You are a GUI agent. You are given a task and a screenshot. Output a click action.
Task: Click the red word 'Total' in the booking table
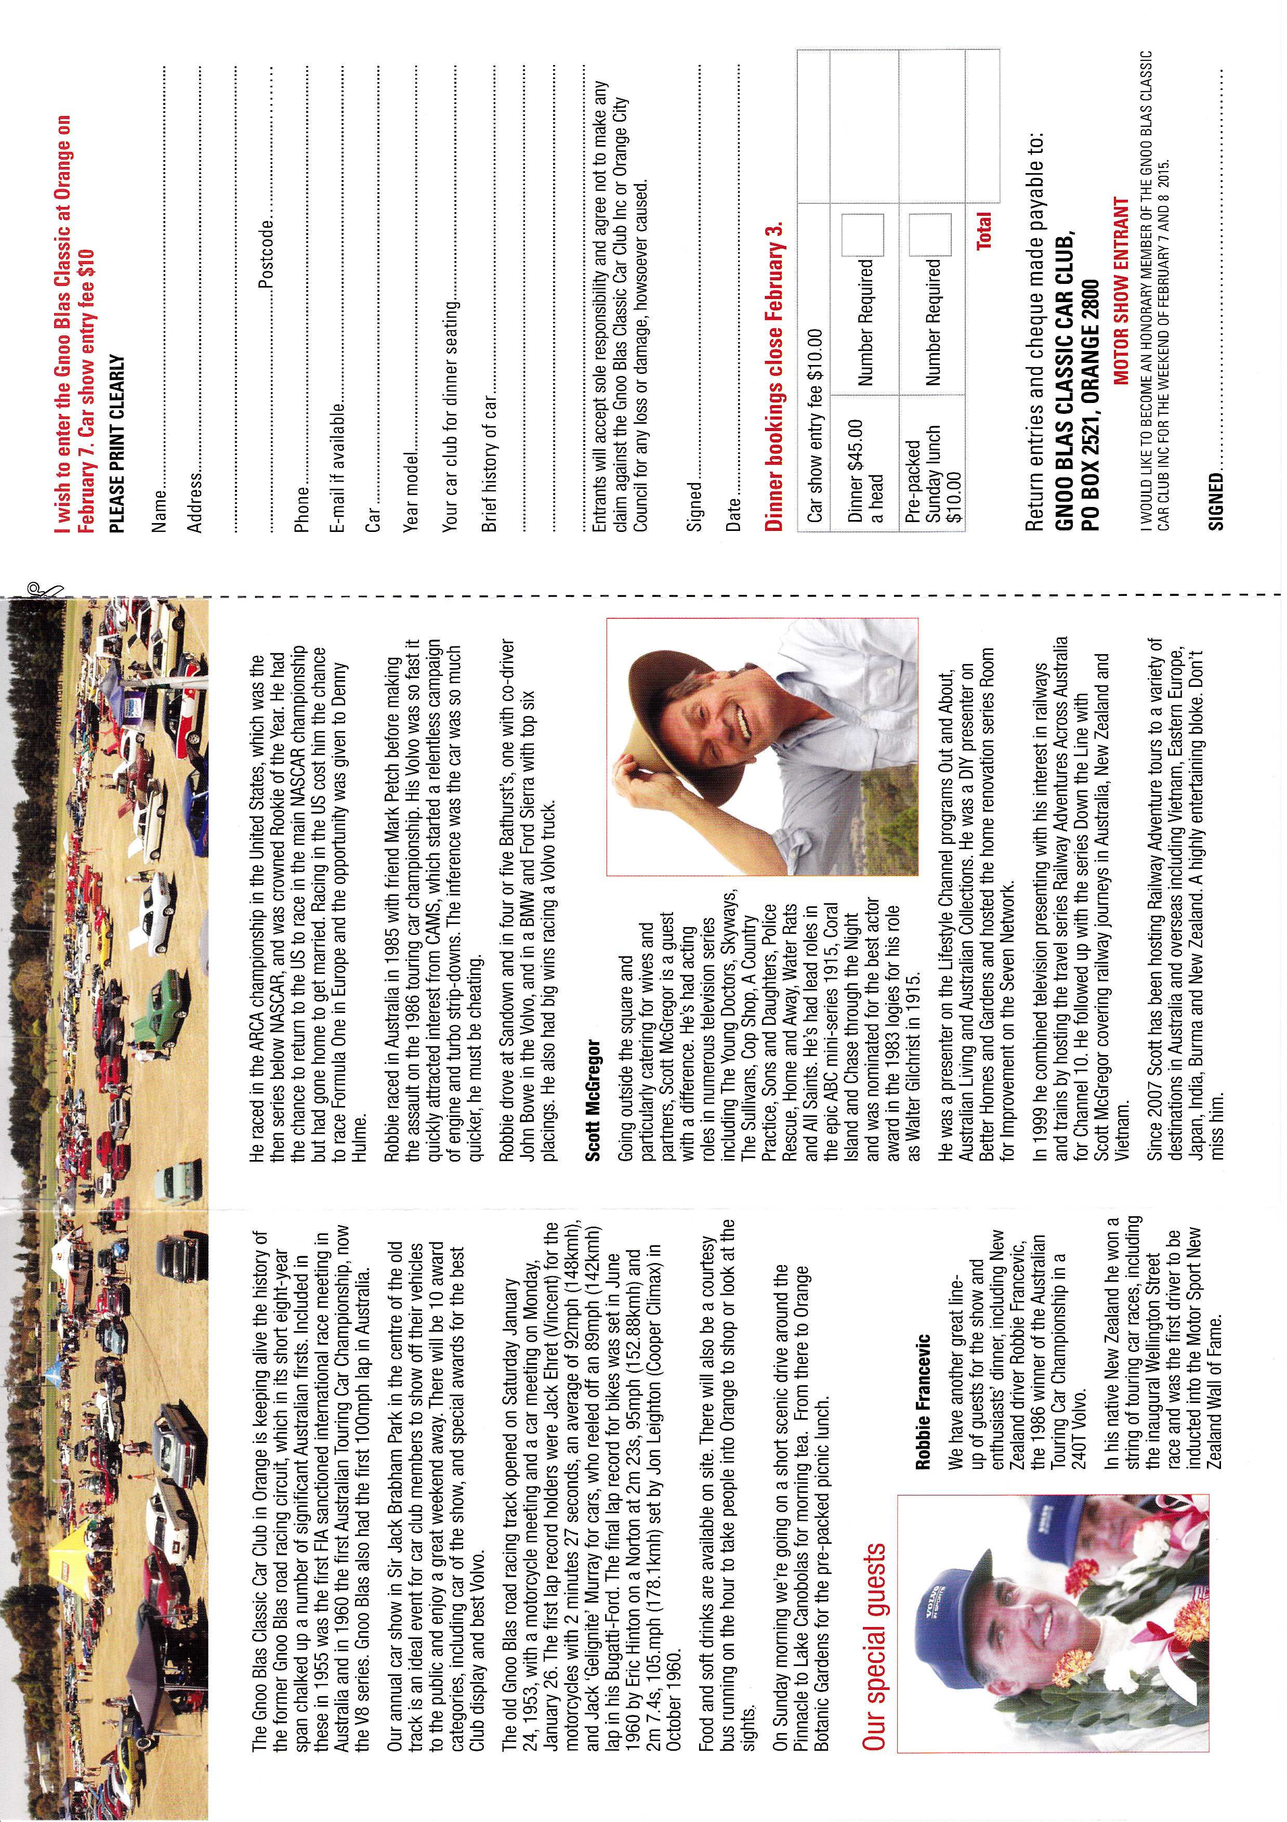pyautogui.click(x=984, y=231)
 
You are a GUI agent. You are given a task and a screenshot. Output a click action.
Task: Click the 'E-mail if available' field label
pyautogui.click(x=338, y=467)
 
